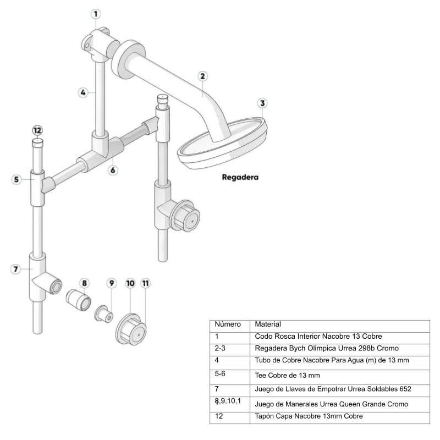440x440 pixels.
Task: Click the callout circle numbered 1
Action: coord(96,14)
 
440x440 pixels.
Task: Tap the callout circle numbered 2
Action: coord(202,76)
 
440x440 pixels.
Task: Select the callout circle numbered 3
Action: coord(262,103)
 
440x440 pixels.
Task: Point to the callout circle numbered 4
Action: coord(82,93)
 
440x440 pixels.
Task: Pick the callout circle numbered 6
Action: coord(113,170)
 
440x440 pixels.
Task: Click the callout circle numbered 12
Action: coord(37,131)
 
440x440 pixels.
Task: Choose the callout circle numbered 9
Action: coord(111,283)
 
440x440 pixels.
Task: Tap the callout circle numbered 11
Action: coord(145,283)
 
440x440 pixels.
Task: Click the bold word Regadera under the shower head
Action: coord(240,178)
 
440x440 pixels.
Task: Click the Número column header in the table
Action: coord(227,324)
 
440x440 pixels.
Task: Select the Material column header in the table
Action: coord(268,324)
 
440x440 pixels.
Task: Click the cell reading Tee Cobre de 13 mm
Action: coord(287,376)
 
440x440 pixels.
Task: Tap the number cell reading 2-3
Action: coord(220,348)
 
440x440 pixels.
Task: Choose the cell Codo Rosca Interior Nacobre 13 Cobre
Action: coord(318,336)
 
